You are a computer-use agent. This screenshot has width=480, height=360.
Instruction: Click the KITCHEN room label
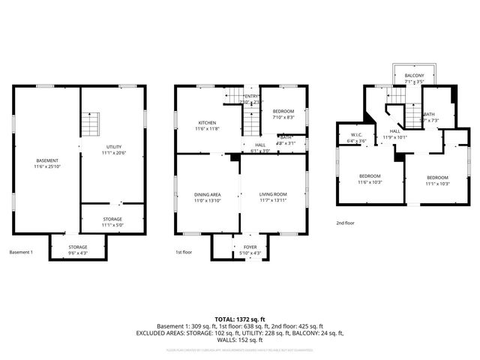[x=208, y=123]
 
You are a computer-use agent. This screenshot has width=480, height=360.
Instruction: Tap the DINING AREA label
[x=208, y=195]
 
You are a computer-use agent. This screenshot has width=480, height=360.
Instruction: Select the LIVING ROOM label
[x=273, y=195]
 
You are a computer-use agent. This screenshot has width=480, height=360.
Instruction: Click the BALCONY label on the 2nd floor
[x=414, y=76]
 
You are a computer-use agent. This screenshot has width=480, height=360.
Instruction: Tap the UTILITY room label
[x=113, y=147]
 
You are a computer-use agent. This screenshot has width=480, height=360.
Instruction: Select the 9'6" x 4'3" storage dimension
[x=78, y=253]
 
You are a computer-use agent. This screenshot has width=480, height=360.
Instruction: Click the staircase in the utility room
[x=90, y=122]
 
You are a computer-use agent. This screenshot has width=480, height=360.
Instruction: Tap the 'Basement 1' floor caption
[x=21, y=252]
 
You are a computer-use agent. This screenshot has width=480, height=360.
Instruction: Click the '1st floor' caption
[x=184, y=252]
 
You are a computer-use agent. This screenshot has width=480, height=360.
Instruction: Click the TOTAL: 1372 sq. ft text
[x=240, y=319]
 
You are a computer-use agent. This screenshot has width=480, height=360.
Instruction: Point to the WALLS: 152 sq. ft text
[x=240, y=339]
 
